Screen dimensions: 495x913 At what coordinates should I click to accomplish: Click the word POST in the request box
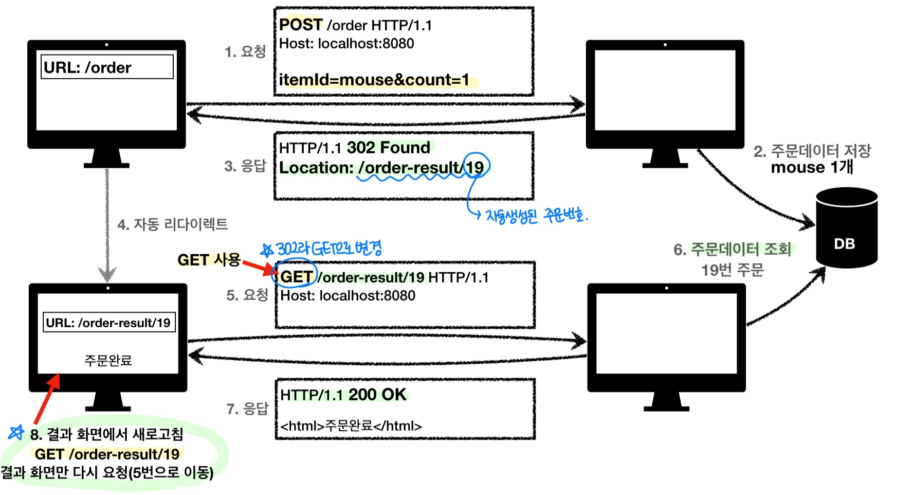tap(301, 25)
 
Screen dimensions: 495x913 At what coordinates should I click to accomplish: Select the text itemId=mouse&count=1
tap(374, 80)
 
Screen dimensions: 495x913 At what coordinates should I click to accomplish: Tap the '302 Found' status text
tap(389, 148)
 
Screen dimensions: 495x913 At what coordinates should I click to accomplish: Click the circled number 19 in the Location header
tap(475, 167)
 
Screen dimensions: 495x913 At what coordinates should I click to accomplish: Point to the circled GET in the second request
tap(296, 277)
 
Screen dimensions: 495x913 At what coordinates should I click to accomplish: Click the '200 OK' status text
tap(377, 395)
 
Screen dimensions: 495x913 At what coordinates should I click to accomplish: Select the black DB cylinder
tap(846, 229)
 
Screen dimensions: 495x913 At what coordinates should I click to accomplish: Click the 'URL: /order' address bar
tap(107, 67)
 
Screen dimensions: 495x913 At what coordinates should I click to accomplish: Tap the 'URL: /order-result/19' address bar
tap(109, 323)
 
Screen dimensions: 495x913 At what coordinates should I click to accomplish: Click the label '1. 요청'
tap(245, 51)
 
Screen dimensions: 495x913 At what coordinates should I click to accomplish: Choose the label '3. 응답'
tap(245, 166)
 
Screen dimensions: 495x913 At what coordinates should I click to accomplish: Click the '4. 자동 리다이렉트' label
tap(172, 224)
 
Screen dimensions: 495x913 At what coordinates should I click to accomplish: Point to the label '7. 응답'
tap(247, 409)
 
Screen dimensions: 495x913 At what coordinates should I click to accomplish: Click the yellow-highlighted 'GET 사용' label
tap(209, 260)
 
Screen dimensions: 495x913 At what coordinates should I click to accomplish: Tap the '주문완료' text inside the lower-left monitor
tap(108, 360)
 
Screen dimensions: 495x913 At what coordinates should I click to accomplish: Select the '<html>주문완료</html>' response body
tap(351, 426)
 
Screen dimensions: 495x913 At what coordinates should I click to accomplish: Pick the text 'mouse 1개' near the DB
tap(812, 167)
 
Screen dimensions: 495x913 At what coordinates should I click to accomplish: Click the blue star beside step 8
tap(16, 432)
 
